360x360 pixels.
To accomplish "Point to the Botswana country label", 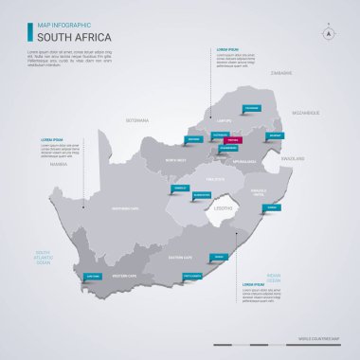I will pyautogui.click(x=138, y=122).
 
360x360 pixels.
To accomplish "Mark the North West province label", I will pyautogui.click(x=175, y=160).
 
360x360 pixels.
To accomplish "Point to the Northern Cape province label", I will pyautogui.click(x=126, y=208).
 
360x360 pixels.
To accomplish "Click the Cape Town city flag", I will pyautogui.click(x=93, y=276).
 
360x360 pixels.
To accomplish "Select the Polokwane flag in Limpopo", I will pyautogui.click(x=252, y=108).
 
